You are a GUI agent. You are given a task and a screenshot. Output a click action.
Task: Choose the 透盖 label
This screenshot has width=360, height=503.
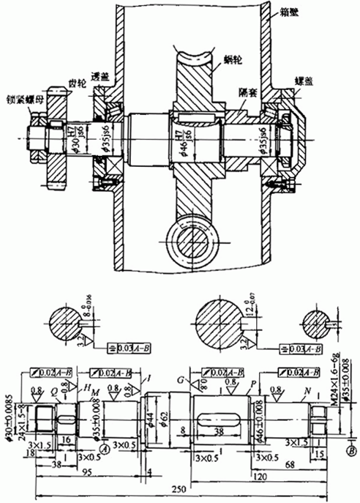(100, 78)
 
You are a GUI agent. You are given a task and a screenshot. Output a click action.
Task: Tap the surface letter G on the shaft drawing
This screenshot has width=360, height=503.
(179, 379)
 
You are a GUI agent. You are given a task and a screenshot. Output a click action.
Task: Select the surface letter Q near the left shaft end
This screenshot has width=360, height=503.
(55, 390)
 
